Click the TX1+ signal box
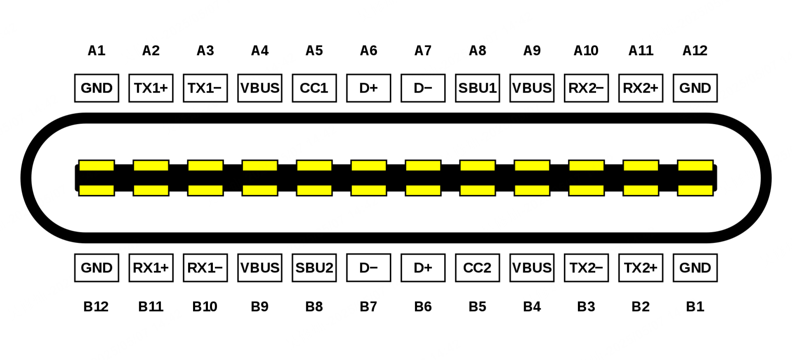click(x=151, y=88)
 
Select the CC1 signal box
click(x=314, y=88)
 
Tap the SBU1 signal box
click(x=477, y=88)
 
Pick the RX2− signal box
click(x=586, y=88)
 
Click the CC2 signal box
click(x=477, y=268)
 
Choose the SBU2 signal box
click(x=314, y=268)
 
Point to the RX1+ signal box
click(x=151, y=268)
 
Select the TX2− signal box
click(x=586, y=268)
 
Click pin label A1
click(x=96, y=51)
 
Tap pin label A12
click(x=695, y=51)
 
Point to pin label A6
click(x=368, y=51)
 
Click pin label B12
click(x=96, y=307)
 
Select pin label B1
click(x=695, y=307)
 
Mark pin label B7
click(x=368, y=307)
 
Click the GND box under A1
click(x=96, y=88)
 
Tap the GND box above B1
click(x=695, y=268)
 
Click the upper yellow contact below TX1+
click(x=151, y=166)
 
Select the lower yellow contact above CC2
click(x=477, y=190)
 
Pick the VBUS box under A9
click(x=532, y=88)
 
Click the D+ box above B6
click(x=423, y=268)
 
